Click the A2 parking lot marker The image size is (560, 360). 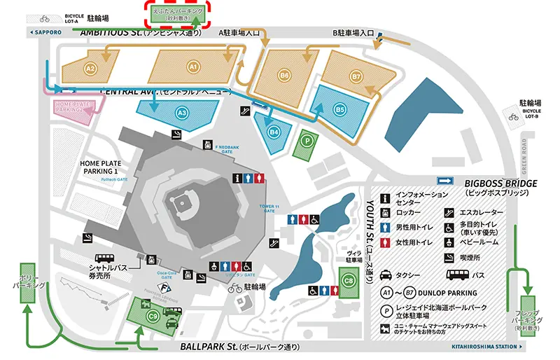click(x=90, y=68)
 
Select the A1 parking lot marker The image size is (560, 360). click(x=194, y=67)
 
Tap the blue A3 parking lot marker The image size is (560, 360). click(x=181, y=112)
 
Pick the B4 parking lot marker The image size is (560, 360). click(x=274, y=130)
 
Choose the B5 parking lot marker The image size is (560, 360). click(x=340, y=109)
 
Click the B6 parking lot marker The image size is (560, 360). click(x=284, y=75)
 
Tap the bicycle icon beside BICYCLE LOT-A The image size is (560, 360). click(x=46, y=18)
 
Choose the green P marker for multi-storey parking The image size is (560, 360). click(x=307, y=139)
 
